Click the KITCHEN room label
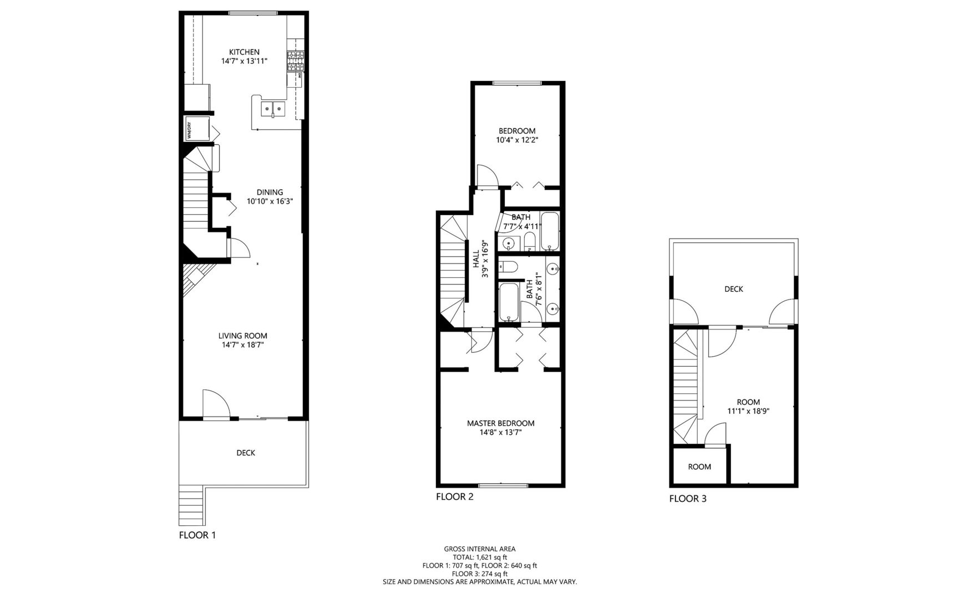click(x=244, y=52)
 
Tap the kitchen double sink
click(x=273, y=109)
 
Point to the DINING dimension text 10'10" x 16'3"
click(x=270, y=201)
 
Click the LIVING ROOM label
click(x=242, y=336)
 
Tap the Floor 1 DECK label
click(x=246, y=453)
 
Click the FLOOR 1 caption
click(x=197, y=535)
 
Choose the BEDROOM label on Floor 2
click(x=517, y=131)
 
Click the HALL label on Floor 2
click(x=476, y=259)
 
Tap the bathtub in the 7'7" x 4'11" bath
click(x=550, y=231)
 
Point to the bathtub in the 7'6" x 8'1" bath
click(x=509, y=302)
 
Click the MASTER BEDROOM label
click(x=500, y=423)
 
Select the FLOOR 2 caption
click(x=454, y=497)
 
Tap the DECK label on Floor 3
click(x=733, y=289)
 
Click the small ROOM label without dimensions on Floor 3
click(x=699, y=467)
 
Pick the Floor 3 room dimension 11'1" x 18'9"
click(x=748, y=412)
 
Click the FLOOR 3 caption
click(x=688, y=499)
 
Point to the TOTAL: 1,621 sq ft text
click(x=480, y=557)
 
